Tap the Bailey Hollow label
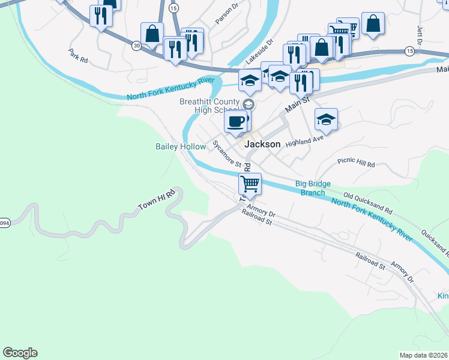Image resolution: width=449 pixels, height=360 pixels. tap(180, 146)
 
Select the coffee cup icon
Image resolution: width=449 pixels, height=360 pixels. tap(235, 121)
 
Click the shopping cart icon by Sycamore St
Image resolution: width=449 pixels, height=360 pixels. tap(250, 182)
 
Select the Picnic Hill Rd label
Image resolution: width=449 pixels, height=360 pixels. tap(356, 163)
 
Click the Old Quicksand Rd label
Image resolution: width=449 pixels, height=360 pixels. tap(367, 203)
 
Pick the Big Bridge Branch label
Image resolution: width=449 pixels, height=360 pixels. tap(313, 188)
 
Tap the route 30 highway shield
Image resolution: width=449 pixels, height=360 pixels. tap(137, 45)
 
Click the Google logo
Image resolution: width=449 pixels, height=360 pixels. tap(20, 353)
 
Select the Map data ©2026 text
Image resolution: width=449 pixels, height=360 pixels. tap(423, 355)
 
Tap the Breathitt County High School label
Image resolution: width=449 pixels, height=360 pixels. tap(209, 106)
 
